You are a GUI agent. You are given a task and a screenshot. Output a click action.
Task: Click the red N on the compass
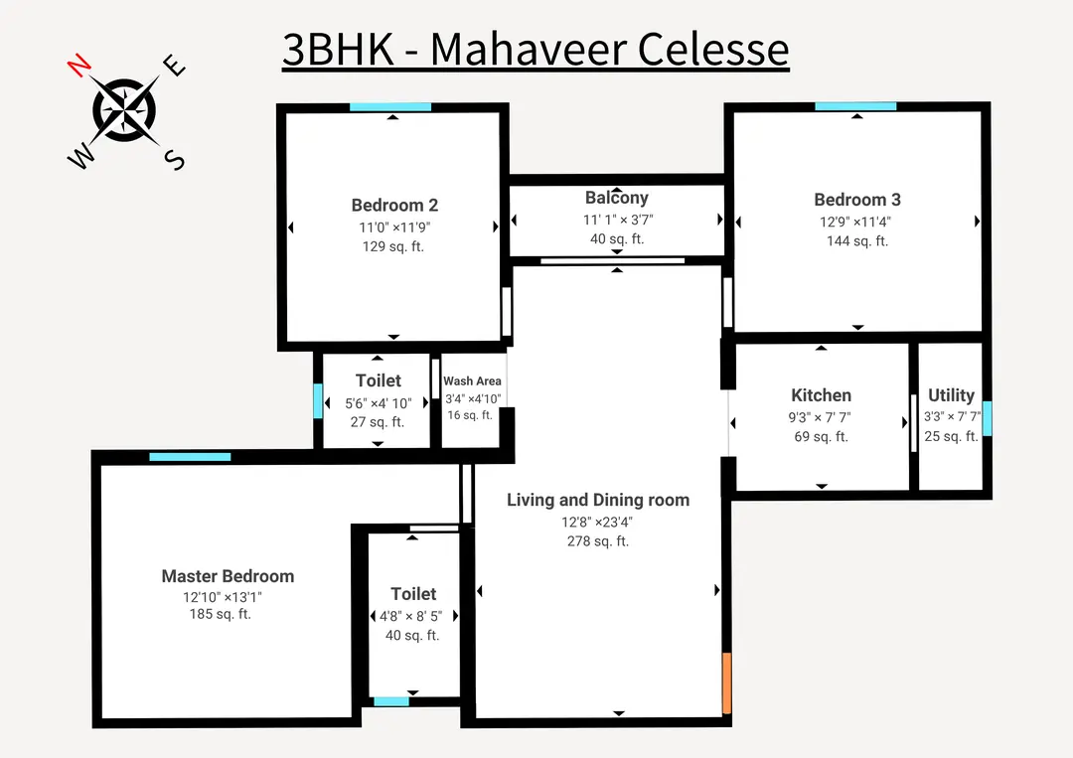[79, 67]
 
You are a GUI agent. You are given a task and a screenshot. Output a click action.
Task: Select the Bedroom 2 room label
[394, 206]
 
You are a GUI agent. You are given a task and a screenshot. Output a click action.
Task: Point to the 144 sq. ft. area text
[857, 241]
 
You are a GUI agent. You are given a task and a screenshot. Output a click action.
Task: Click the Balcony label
[617, 198]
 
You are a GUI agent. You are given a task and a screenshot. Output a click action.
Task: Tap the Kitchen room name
[821, 395]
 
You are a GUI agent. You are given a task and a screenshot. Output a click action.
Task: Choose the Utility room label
[951, 395]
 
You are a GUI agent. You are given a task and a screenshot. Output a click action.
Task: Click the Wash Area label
[472, 380]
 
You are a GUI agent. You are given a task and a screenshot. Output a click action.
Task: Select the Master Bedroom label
[228, 576]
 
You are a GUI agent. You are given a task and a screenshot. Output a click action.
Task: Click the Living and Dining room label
[598, 500]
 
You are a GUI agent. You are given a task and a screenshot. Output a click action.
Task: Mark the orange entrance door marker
[727, 682]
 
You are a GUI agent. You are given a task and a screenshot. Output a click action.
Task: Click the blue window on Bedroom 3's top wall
[855, 106]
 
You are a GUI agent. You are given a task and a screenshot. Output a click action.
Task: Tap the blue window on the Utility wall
[987, 418]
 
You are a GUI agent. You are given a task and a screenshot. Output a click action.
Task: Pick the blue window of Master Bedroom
[190, 457]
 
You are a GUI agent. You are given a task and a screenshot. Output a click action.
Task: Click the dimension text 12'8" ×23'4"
[598, 523]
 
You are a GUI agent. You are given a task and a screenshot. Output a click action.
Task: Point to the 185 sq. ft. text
[221, 615]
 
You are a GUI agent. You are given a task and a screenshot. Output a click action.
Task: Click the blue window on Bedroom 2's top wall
[389, 106]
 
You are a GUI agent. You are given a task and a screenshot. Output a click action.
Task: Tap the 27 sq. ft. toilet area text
[378, 422]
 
